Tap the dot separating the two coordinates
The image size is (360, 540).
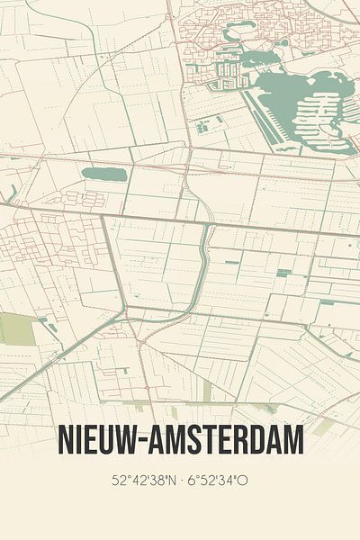click(x=180, y=481)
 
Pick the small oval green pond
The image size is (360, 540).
click(x=103, y=175)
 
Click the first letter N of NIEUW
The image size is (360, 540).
click(x=67, y=441)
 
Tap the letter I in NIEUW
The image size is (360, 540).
click(x=80, y=441)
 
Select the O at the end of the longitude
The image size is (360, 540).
click(x=243, y=481)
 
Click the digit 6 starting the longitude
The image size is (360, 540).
click(x=192, y=481)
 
